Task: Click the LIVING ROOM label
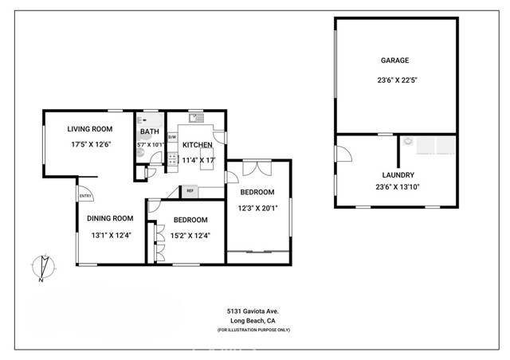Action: (x=89, y=128)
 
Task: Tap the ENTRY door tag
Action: (x=85, y=196)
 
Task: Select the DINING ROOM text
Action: (x=110, y=218)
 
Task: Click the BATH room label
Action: (x=149, y=131)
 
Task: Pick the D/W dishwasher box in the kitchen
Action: (x=171, y=137)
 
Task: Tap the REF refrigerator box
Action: (x=190, y=191)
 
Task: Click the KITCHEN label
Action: (x=198, y=145)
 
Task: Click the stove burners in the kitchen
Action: (x=171, y=159)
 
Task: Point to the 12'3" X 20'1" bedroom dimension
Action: (x=257, y=208)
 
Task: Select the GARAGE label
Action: (x=396, y=60)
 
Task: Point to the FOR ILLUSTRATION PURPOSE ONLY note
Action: (x=253, y=330)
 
